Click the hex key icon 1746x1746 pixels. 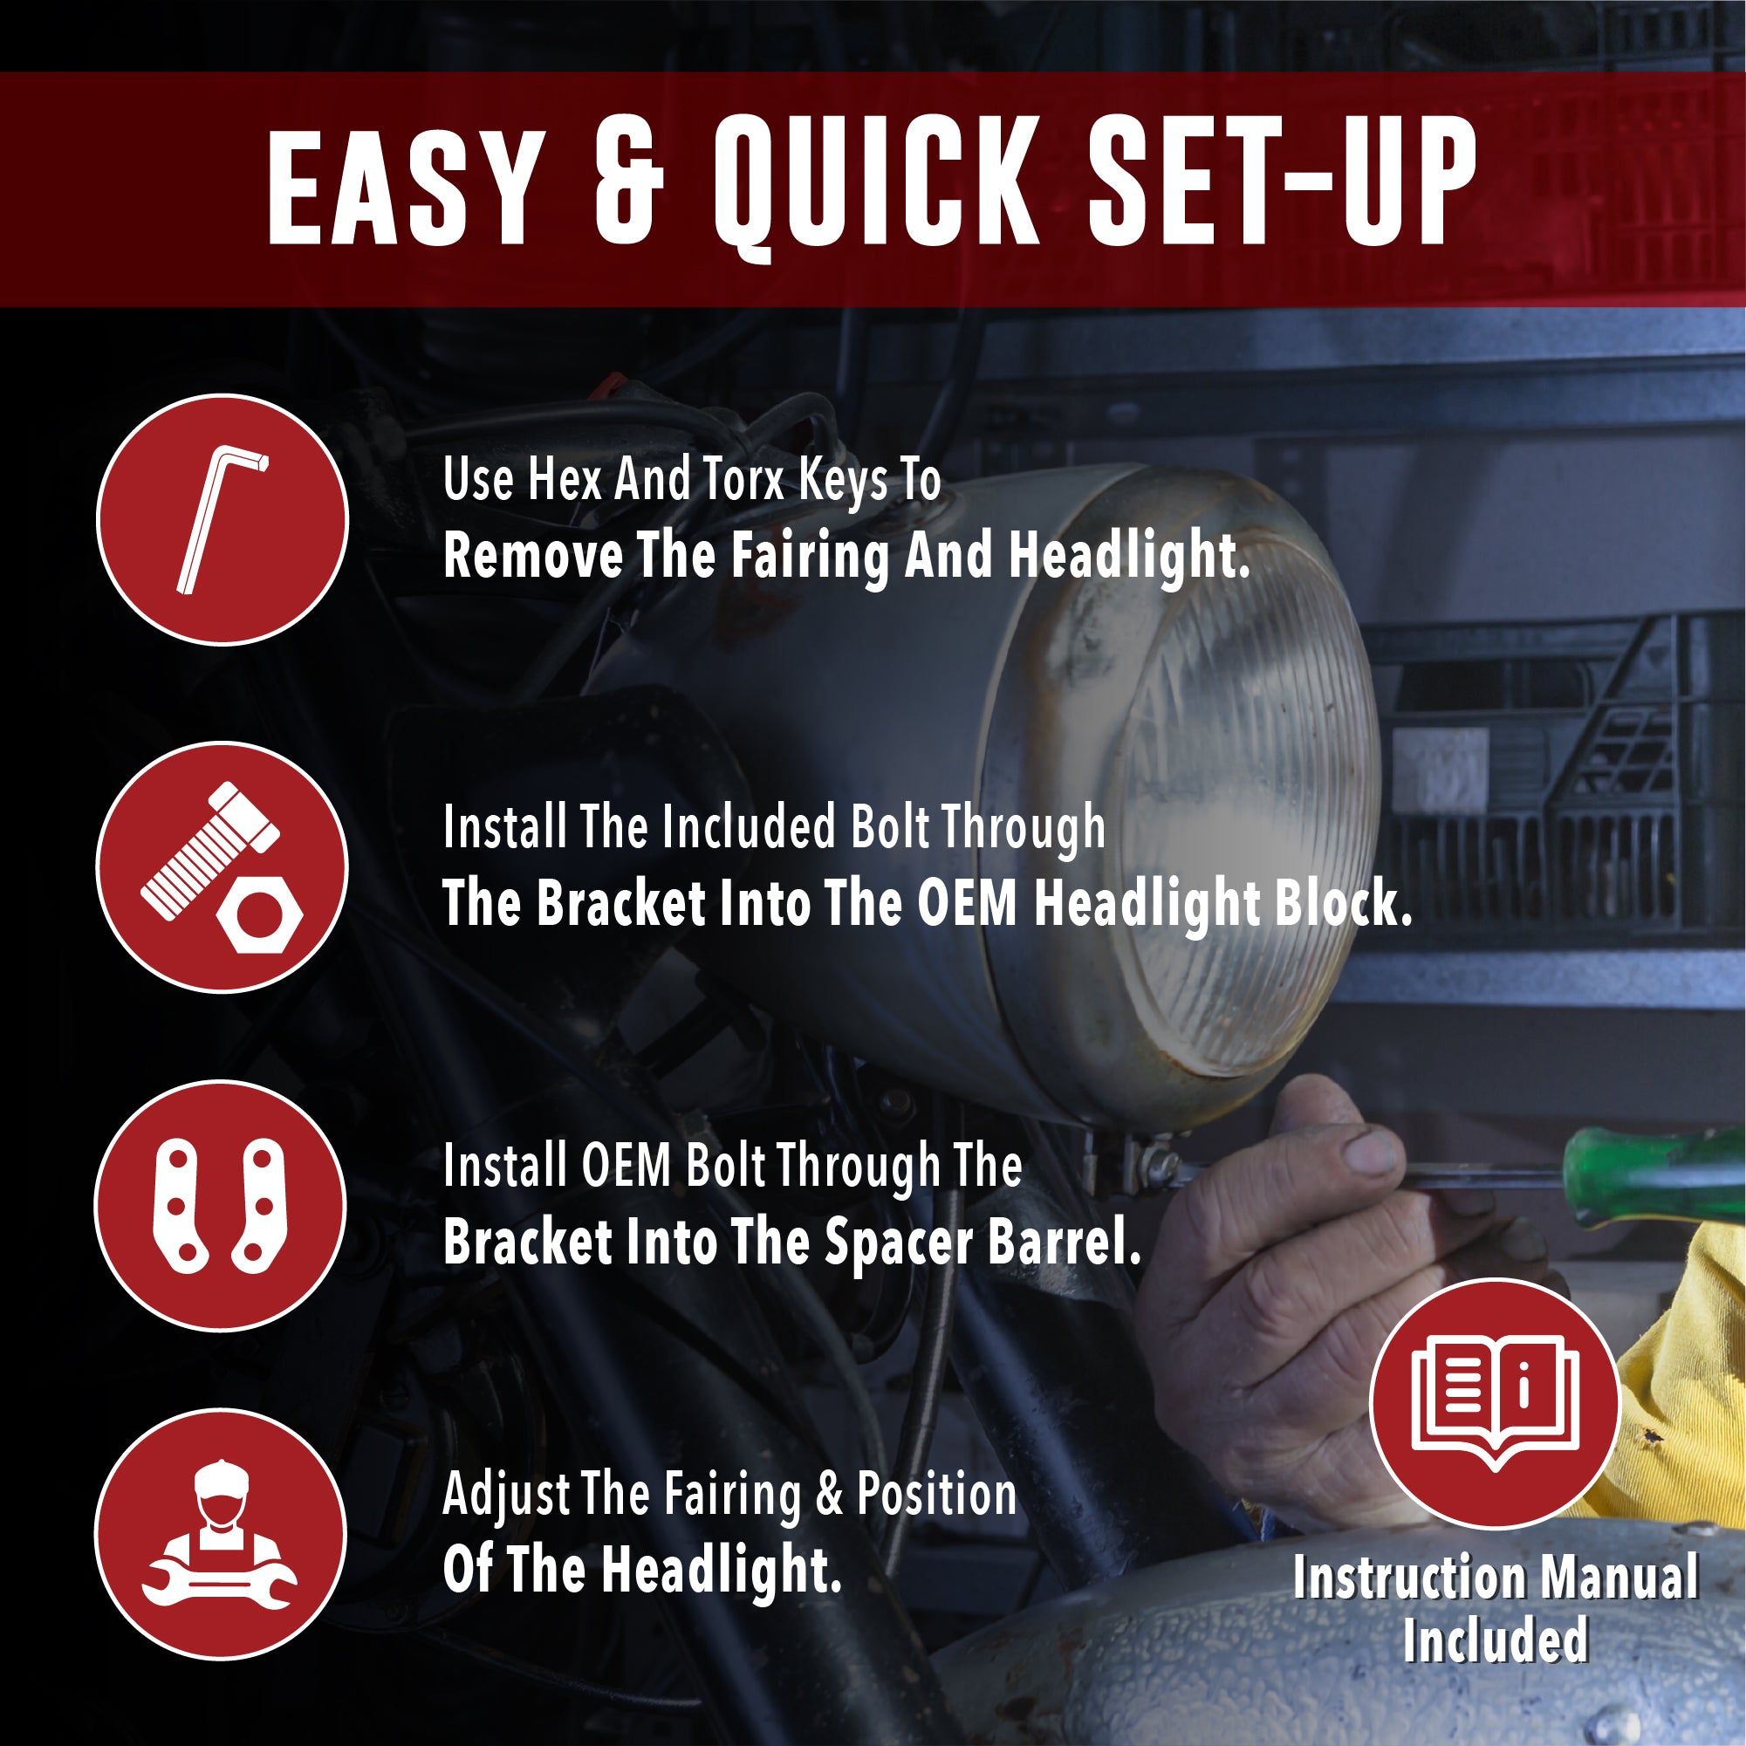pyautogui.click(x=223, y=521)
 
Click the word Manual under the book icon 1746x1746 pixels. pyautogui.click(x=1619, y=1578)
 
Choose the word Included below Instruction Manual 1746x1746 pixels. pyautogui.click(x=1496, y=1640)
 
